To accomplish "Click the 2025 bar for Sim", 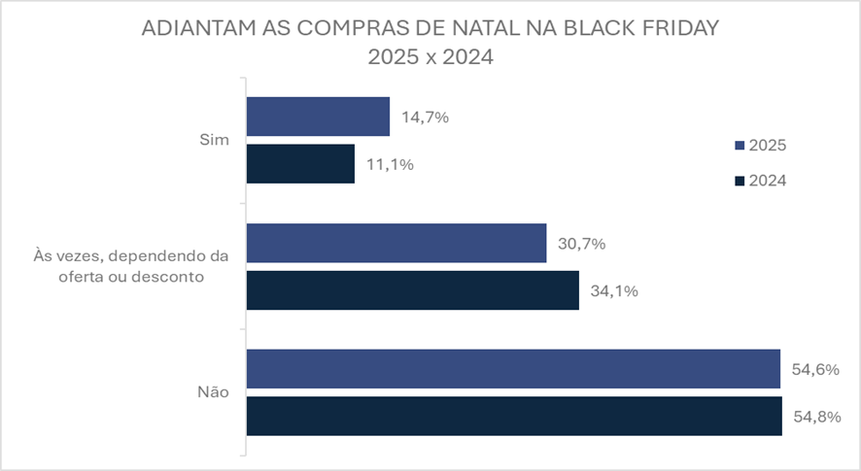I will (318, 117).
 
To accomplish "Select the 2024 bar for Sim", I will (300, 163).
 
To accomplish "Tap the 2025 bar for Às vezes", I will (396, 243).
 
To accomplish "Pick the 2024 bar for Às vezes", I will (413, 290).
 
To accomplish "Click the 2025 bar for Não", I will (513, 369).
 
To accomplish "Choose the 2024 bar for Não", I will (514, 416).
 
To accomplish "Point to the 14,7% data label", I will (425, 118).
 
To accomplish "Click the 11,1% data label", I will (390, 164).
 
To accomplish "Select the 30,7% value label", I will (582, 244).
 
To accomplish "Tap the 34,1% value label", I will (614, 290).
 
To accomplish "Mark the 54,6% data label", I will (816, 370).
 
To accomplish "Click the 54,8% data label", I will (817, 417).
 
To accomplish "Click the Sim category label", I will (215, 140).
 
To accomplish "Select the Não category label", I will (213, 393).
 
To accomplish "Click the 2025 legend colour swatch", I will (739, 146).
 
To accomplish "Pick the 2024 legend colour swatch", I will (739, 181).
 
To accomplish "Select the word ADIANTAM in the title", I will (197, 28).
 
